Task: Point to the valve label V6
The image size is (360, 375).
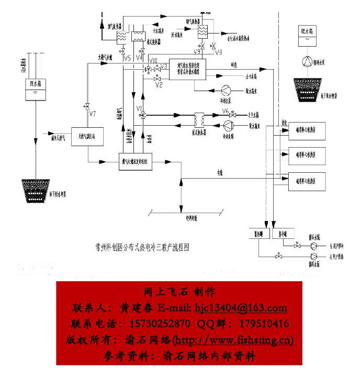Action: (x=226, y=111)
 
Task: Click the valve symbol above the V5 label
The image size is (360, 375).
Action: (x=122, y=51)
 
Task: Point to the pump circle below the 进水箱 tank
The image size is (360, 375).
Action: (x=306, y=61)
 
